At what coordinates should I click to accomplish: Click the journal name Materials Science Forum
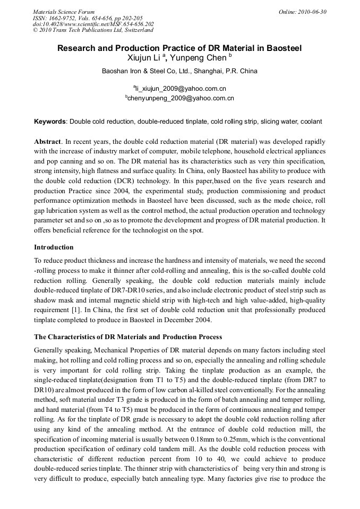(64, 12)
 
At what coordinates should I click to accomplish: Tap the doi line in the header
(93, 24)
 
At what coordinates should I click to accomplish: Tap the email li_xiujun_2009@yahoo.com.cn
(181, 88)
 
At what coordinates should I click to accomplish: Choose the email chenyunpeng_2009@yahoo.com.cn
(181, 98)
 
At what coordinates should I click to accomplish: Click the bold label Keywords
(50, 122)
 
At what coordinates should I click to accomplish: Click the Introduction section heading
(54, 247)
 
